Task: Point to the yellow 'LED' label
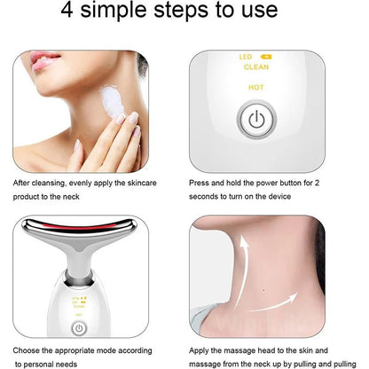(246, 57)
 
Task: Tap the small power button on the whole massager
(79, 327)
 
